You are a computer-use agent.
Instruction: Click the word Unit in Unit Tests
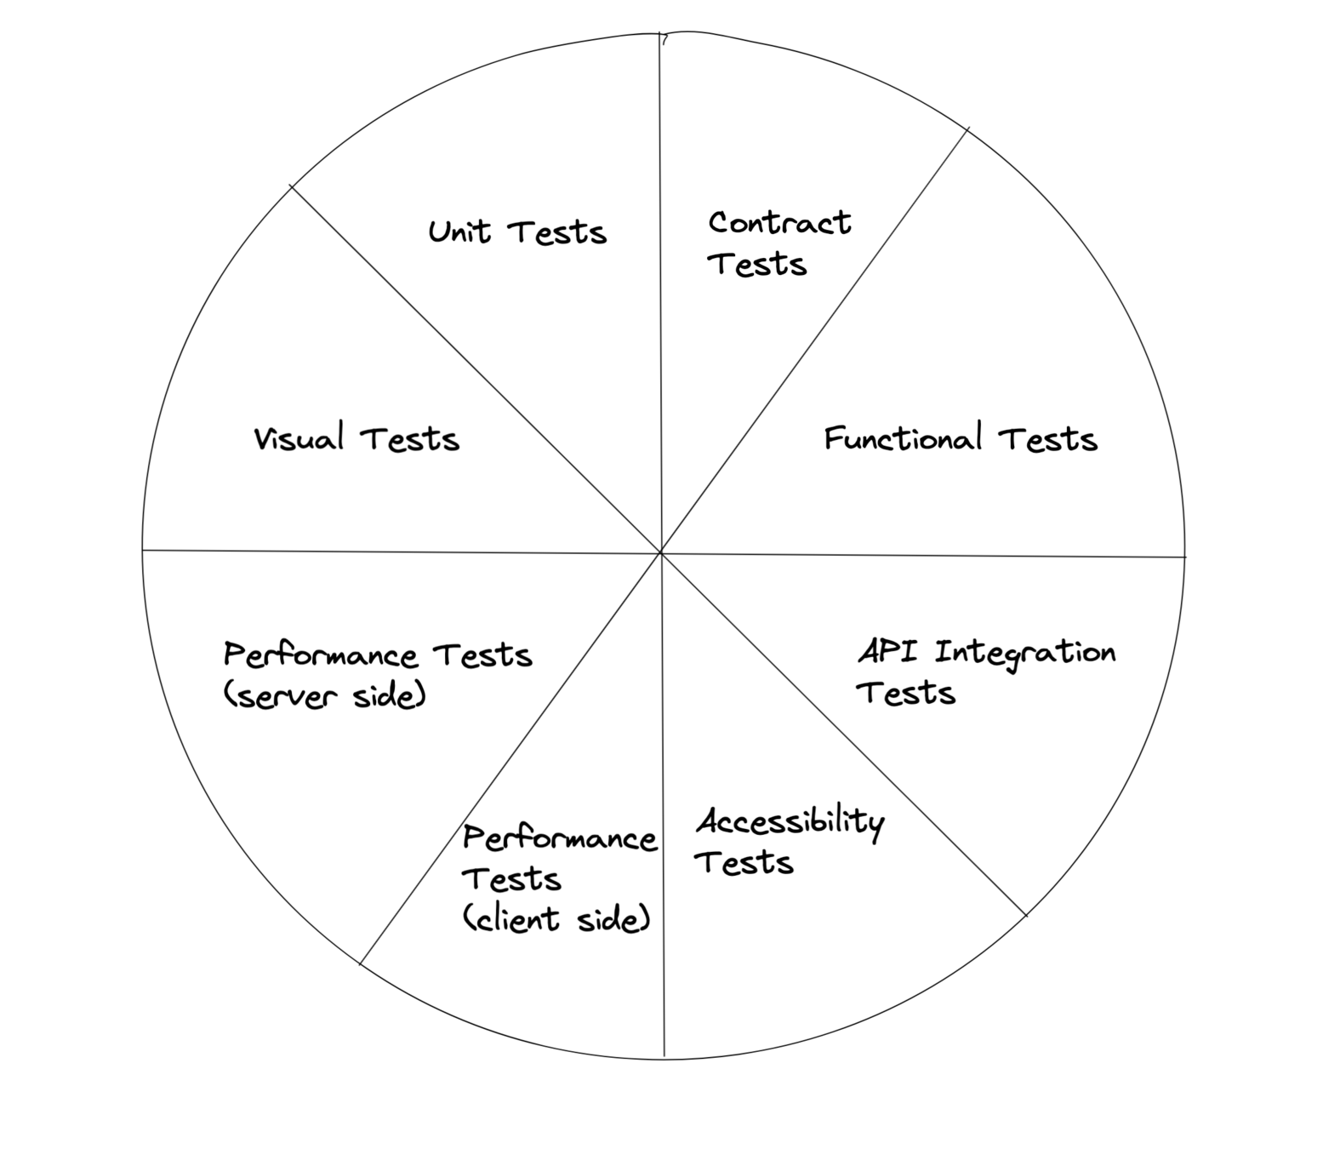459,232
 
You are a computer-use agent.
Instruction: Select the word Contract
779,223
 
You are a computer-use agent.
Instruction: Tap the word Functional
903,438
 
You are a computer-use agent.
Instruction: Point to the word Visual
299,438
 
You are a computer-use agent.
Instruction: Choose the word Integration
1024,654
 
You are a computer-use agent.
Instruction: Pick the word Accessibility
790,822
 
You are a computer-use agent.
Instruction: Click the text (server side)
324,696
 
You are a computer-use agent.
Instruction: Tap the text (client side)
557,919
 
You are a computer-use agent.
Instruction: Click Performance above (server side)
321,655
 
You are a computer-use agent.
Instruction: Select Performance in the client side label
560,838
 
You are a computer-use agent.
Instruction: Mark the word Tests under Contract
756,264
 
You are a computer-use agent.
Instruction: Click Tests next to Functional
1048,439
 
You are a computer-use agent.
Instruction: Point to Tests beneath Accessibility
744,863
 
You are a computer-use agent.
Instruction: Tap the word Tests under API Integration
906,693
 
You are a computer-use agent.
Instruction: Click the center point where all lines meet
661,552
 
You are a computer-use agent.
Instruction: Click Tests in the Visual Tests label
410,439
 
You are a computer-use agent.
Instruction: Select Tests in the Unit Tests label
557,232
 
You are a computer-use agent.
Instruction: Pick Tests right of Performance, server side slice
482,655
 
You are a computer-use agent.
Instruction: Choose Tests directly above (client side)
511,878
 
